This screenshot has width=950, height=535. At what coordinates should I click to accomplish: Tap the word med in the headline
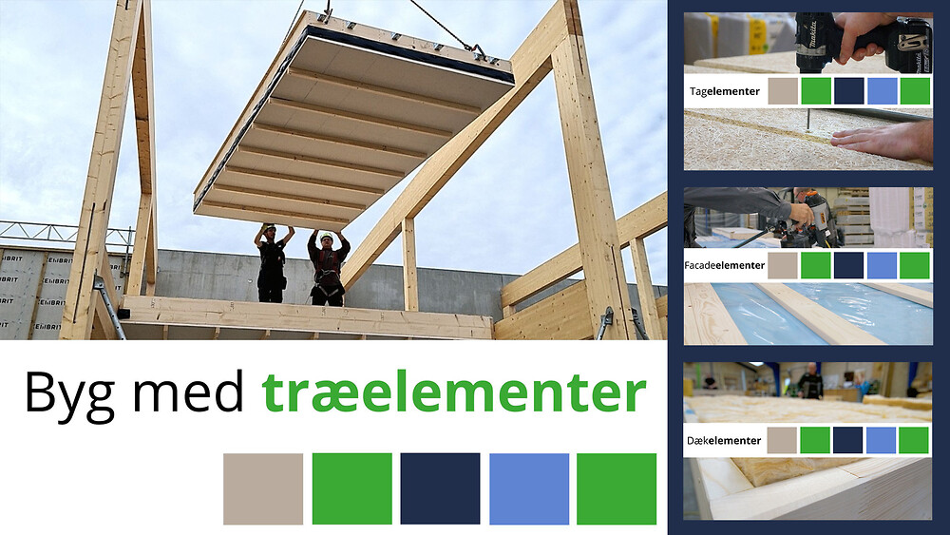click(188, 392)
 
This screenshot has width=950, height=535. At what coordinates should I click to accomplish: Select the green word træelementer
click(454, 392)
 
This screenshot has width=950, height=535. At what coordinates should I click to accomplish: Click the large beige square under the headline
click(263, 489)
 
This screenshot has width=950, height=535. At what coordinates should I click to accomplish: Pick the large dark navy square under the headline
click(441, 489)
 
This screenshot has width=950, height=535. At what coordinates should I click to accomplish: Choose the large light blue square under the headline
click(529, 489)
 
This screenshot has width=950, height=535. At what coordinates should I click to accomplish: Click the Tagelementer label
click(725, 91)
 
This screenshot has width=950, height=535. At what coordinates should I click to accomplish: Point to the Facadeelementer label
click(725, 265)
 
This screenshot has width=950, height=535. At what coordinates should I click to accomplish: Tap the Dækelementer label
click(724, 441)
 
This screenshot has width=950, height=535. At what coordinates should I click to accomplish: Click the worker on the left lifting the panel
click(272, 263)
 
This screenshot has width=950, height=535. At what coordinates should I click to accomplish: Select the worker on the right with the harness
click(328, 267)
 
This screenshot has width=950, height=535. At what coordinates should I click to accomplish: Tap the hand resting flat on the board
click(882, 142)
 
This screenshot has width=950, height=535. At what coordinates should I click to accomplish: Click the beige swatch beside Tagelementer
click(784, 91)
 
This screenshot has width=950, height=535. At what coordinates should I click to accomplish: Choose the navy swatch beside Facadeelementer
click(848, 265)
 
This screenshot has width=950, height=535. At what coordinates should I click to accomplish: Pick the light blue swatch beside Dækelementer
click(881, 441)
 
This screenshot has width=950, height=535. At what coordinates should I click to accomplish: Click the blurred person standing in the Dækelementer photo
click(809, 381)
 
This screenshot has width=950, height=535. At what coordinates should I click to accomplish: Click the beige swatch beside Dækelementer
click(782, 441)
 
